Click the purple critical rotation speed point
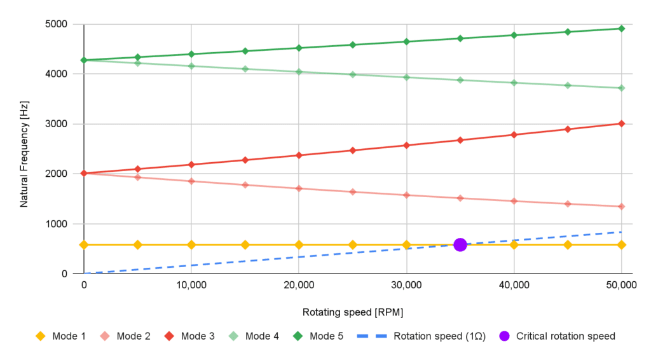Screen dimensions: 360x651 pyautogui.click(x=460, y=245)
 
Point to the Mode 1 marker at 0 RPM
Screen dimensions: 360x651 pyautogui.click(x=84, y=245)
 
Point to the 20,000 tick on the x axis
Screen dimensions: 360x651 pyautogui.click(x=298, y=286)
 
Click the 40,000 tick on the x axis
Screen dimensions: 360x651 pyautogui.click(x=513, y=286)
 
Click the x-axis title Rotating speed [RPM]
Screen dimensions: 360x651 pyautogui.click(x=352, y=312)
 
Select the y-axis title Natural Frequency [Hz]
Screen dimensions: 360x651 pyautogui.click(x=24, y=149)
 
